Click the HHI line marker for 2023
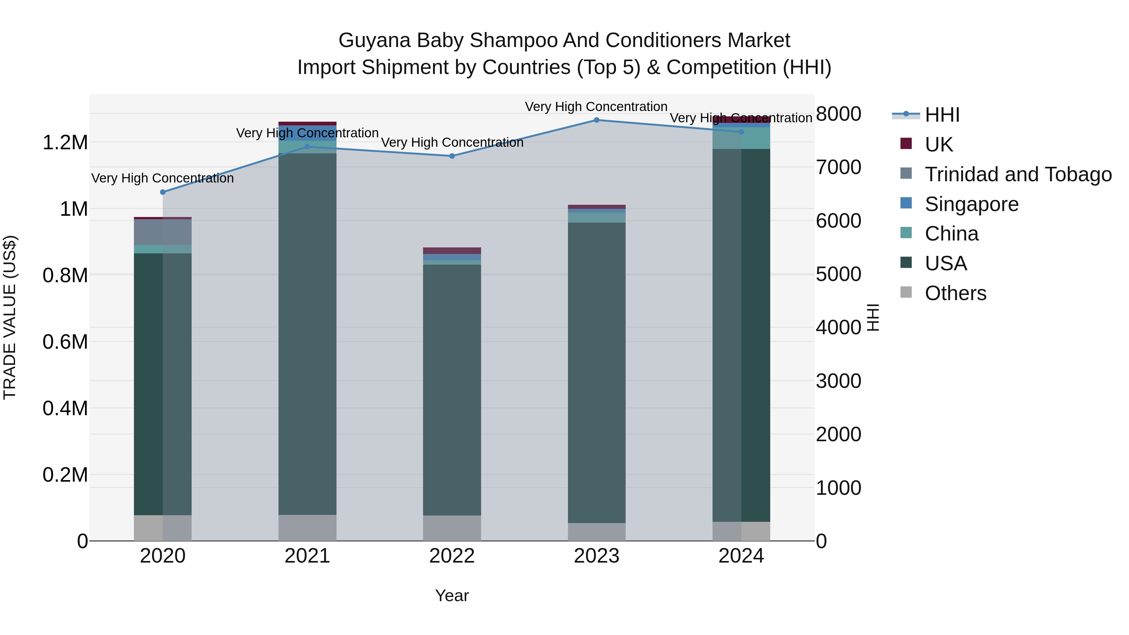click(596, 120)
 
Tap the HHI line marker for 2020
click(162, 192)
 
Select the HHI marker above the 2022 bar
click(452, 156)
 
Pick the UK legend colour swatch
click(906, 144)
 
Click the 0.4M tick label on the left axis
click(65, 408)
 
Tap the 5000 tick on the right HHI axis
click(838, 274)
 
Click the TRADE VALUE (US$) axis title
click(10, 317)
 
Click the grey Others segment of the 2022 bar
click(452, 528)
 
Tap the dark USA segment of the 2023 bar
click(596, 373)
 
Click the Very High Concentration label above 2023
click(596, 107)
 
